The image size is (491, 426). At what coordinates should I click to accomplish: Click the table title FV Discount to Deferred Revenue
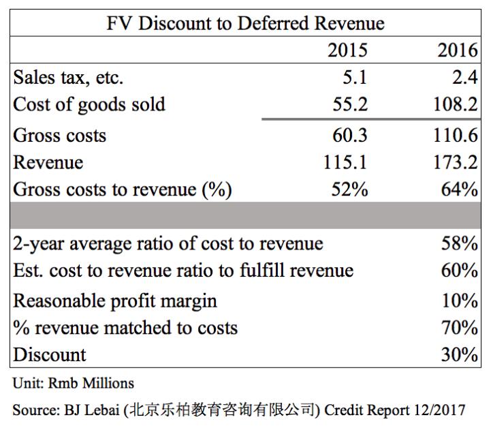click(x=245, y=23)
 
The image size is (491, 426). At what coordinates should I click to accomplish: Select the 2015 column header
click(x=347, y=50)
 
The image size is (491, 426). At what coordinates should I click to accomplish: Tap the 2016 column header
click(x=457, y=50)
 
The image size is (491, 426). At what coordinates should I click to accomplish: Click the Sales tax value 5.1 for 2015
click(x=355, y=77)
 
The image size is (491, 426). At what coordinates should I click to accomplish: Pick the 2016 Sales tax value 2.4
click(x=465, y=77)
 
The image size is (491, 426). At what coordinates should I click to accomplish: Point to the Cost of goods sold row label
click(x=89, y=105)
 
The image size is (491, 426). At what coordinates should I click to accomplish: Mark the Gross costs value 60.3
click(x=349, y=135)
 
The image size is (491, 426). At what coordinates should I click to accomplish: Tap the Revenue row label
click(x=48, y=162)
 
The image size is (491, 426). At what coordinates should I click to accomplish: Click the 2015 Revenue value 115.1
click(x=345, y=162)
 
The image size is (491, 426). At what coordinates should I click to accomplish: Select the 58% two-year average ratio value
click(x=460, y=243)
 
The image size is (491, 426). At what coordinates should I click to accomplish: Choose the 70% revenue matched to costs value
click(x=460, y=327)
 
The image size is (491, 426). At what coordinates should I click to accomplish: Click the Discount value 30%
click(x=460, y=354)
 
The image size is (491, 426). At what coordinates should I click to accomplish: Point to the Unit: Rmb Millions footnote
click(x=73, y=383)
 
